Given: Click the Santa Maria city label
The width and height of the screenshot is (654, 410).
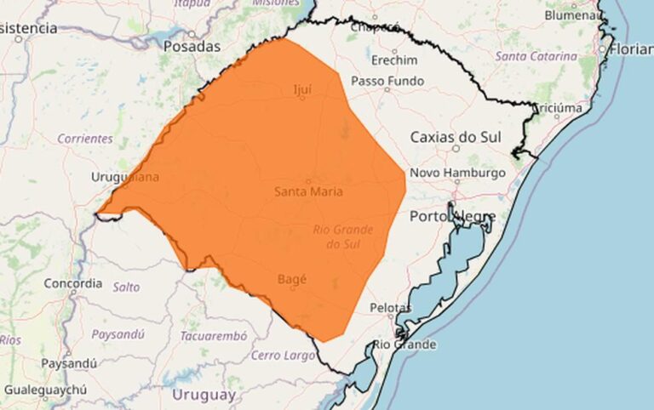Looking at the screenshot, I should click(308, 191).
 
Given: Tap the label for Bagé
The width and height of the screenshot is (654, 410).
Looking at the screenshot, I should click(291, 278).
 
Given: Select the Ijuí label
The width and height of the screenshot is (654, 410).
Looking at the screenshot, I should click(301, 88).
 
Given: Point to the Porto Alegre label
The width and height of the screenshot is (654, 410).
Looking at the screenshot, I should click(451, 216).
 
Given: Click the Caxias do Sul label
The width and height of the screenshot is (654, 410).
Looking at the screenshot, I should click(455, 137).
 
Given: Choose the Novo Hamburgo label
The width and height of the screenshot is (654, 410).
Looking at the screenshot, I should click(458, 173).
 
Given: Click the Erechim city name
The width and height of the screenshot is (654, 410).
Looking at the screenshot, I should click(394, 60).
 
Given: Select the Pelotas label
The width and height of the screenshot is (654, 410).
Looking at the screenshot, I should click(391, 307).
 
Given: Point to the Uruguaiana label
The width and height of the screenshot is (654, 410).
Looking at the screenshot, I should click(124, 177).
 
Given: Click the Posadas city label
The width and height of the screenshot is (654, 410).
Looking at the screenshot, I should click(192, 47).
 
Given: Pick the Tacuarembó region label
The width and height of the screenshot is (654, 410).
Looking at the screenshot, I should click(213, 336).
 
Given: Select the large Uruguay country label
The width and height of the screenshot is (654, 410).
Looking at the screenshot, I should click(203, 395).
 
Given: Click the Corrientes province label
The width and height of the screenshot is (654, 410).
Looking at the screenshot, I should click(85, 138).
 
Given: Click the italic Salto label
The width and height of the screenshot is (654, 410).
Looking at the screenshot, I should click(126, 288).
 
